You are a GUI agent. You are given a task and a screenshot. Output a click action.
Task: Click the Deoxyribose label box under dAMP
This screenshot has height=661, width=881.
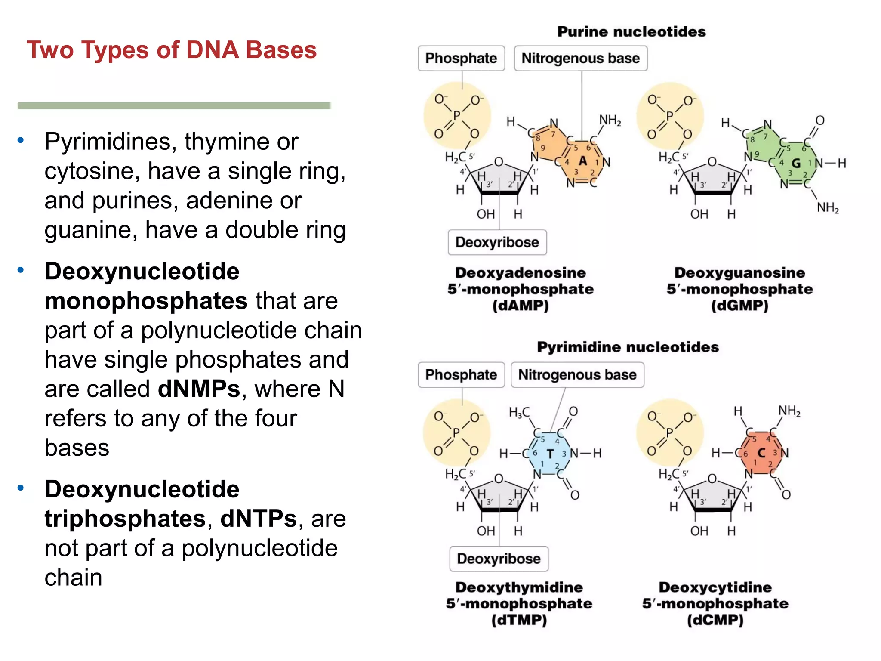tap(497, 242)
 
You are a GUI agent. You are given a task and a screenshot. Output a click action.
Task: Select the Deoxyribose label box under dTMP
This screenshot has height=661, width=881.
tap(499, 559)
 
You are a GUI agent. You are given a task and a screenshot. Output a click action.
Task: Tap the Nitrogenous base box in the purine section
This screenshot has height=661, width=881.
tap(580, 58)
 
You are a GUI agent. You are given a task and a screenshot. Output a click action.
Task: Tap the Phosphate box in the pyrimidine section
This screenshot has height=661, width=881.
tap(461, 374)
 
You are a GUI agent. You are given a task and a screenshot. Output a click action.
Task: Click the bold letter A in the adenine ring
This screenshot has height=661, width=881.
tap(582, 161)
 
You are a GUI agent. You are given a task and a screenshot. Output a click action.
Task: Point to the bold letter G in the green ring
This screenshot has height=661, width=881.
tap(796, 163)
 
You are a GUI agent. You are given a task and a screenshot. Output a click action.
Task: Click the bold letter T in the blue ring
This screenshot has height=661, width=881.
tap(550, 454)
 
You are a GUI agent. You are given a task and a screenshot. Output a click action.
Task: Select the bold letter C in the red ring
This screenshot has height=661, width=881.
tap(761, 453)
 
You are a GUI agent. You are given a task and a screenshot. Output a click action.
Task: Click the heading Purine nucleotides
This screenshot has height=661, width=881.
tap(631, 31)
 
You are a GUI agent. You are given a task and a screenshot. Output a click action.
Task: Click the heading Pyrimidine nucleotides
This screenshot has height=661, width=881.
tap(628, 347)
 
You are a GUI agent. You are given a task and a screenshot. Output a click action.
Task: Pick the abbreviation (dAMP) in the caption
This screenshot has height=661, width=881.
tap(520, 306)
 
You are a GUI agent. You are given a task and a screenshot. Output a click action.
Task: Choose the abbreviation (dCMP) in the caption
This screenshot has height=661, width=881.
tap(715, 620)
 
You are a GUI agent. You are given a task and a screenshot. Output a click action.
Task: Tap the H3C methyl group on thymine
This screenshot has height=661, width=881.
tap(519, 413)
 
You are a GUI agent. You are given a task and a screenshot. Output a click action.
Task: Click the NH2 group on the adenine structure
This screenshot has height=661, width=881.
tap(610, 120)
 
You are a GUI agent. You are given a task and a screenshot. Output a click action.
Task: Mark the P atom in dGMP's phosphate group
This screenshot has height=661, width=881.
tap(669, 116)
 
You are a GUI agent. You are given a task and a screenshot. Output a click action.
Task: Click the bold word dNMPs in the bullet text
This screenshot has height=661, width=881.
tap(199, 389)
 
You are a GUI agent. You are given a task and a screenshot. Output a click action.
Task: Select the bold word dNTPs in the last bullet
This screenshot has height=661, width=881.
tap(259, 519)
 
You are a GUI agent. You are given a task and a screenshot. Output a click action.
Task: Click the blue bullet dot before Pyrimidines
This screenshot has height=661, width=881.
tap(20, 140)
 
